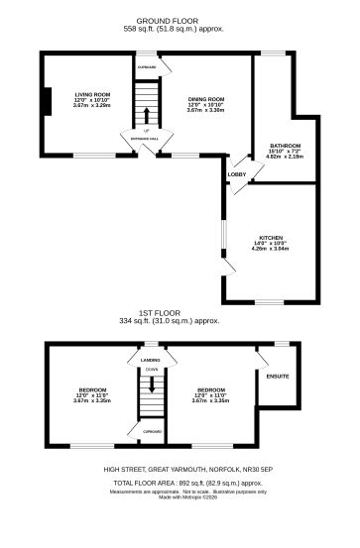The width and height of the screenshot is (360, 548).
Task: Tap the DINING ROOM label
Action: click(206, 99)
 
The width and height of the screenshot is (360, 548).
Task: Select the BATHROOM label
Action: click(284, 146)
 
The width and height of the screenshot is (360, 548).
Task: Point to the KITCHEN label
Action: click(272, 238)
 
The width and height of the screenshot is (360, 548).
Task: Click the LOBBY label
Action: click(237, 175)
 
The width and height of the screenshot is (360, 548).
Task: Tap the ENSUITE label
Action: click(278, 377)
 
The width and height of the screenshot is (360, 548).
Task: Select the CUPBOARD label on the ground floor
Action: click(147, 67)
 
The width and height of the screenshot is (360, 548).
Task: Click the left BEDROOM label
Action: click(91, 389)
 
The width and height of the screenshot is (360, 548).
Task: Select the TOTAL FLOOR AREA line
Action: click(180, 483)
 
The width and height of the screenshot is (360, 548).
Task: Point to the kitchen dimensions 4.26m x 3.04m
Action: click(272, 250)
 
